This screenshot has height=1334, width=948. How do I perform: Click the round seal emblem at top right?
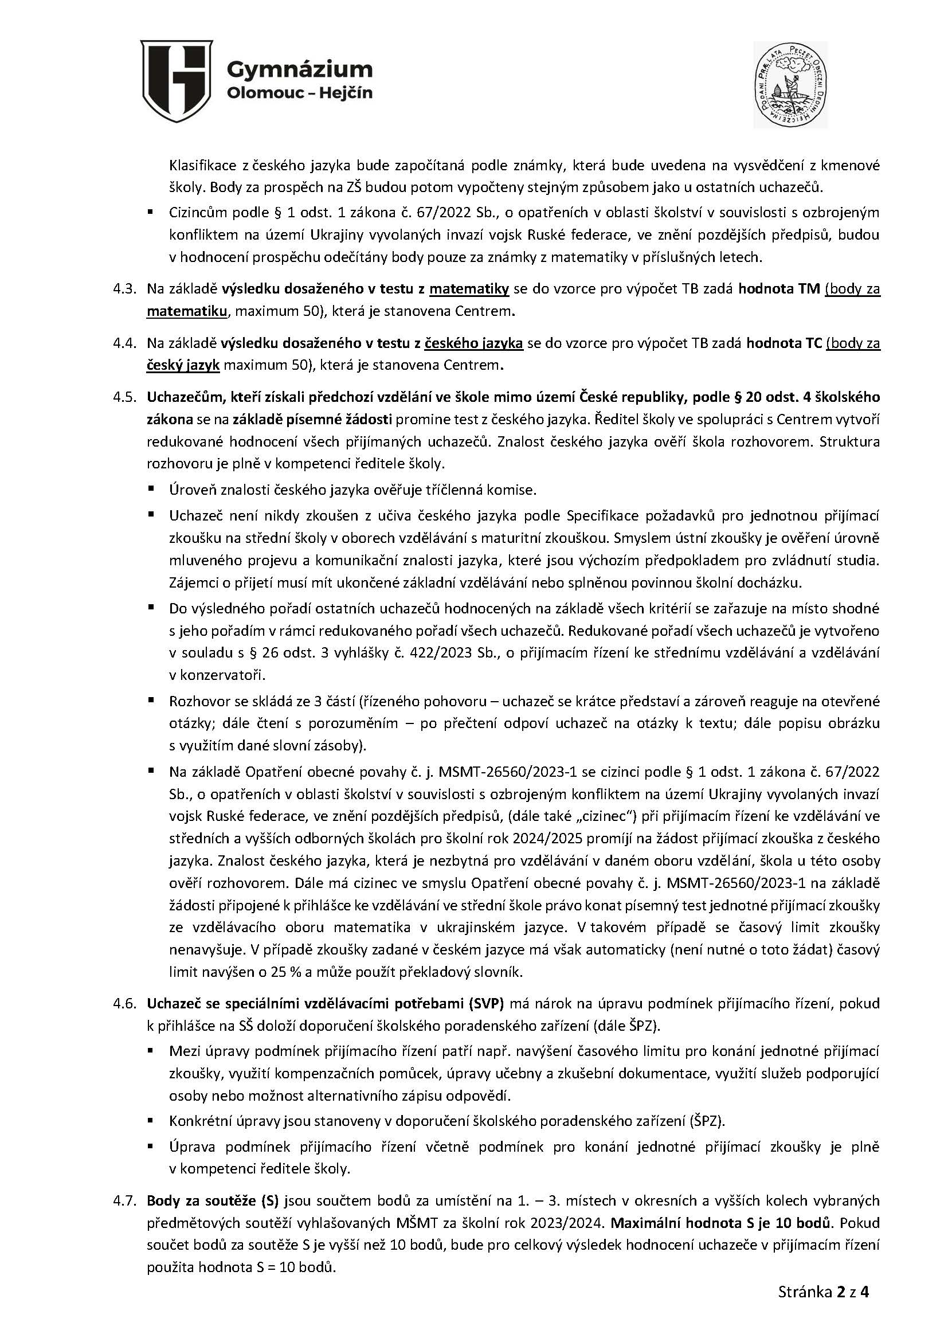coord(790,84)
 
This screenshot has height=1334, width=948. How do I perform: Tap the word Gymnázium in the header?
coord(299,69)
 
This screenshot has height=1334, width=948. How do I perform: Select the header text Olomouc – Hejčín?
coord(299,93)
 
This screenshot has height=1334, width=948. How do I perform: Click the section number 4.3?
coord(124,289)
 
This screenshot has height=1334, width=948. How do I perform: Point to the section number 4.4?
coord(124,344)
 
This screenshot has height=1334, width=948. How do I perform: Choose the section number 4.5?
coord(124,398)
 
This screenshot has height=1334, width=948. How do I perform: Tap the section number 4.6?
coord(124,1004)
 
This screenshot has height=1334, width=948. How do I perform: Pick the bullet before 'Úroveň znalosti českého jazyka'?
coord(151,488)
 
